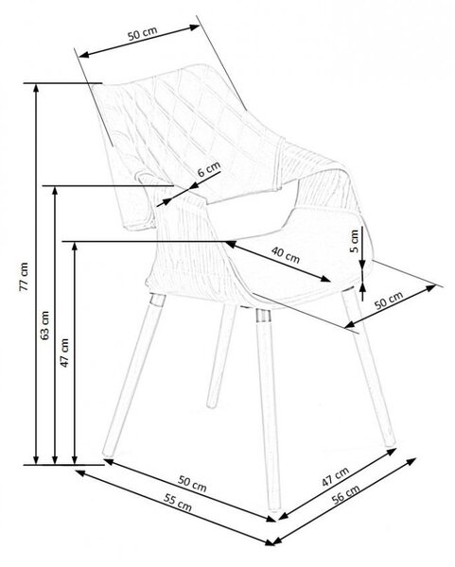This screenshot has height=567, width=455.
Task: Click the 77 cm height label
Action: tap(24, 277)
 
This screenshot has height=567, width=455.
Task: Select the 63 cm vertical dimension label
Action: tap(44, 325)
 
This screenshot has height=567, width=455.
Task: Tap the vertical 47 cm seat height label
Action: tap(64, 352)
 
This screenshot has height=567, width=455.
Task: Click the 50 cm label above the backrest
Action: tap(143, 33)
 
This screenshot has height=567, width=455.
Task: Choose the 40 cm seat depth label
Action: tap(286, 255)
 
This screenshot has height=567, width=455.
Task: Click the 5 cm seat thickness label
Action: tap(355, 241)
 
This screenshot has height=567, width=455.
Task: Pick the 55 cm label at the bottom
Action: tap(178, 503)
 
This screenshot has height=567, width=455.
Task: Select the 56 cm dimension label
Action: tap(345, 493)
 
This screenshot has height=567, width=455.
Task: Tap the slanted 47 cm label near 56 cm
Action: tap(335, 476)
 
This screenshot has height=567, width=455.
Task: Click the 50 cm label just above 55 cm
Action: tap(192, 484)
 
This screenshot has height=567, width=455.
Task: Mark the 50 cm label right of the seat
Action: tap(389, 301)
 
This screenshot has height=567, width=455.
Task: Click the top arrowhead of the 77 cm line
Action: tap(36, 89)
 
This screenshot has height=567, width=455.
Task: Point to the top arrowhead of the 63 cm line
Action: tap(55, 192)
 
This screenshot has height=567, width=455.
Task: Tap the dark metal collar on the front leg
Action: tap(263, 316)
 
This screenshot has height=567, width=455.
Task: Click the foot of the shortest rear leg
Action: tap(211, 404)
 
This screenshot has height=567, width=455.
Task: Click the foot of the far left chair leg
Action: tap(107, 451)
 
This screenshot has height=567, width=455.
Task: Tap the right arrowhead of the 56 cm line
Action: tap(411, 462)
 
